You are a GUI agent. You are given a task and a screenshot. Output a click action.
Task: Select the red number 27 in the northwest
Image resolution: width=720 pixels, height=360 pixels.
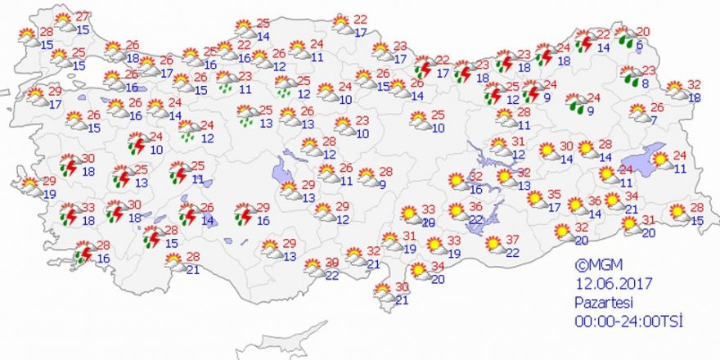83,17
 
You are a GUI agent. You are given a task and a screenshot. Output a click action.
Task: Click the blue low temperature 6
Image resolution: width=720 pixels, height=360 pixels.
640,47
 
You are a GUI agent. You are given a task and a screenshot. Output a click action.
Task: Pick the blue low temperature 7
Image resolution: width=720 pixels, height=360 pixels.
655,121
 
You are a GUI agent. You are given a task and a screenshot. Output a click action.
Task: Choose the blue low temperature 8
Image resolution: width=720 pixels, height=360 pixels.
645,83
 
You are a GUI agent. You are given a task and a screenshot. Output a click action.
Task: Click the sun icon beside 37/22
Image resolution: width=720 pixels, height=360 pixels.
493,243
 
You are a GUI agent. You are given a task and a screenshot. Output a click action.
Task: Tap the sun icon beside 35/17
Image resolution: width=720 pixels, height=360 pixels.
535,197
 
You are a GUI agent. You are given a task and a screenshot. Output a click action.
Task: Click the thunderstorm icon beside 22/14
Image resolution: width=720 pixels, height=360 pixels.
584,39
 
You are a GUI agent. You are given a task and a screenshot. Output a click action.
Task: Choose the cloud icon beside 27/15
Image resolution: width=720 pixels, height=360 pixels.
63,22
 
